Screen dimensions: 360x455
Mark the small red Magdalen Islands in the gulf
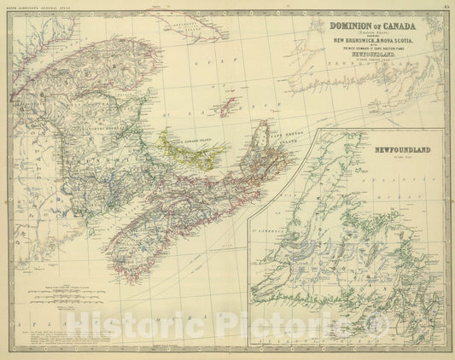(227, 107)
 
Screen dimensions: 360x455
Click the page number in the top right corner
(446, 6)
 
